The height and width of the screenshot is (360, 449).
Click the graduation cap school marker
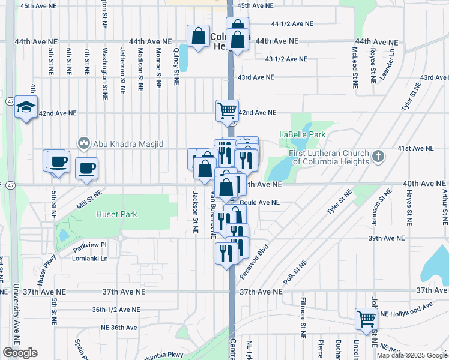coord(26,107)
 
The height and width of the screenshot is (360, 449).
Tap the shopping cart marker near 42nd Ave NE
coord(227,110)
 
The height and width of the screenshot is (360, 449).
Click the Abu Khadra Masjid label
coord(127,143)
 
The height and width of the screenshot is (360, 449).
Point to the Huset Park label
coord(117,214)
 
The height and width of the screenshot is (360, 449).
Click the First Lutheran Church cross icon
coord(378,157)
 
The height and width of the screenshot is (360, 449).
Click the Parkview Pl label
coord(89,245)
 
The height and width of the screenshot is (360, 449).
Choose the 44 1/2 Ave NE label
coord(292,24)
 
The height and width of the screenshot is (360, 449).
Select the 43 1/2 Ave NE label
coord(286,59)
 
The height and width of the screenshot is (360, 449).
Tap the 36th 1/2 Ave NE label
coord(116,310)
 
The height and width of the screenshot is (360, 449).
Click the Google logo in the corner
coord(20,353)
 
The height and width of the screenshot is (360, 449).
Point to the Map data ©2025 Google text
coord(411,355)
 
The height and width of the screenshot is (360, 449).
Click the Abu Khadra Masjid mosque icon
coord(83,143)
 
